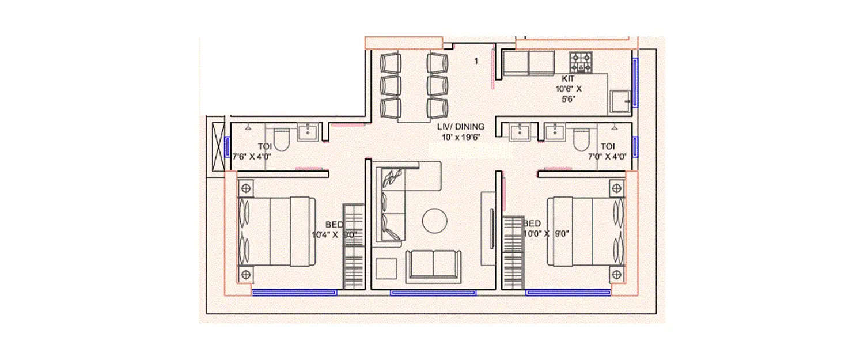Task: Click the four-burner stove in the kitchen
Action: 581,62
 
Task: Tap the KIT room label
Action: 569,79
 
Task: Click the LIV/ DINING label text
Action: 460,127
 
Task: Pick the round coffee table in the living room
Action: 435,221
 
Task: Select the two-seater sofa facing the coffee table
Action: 433,266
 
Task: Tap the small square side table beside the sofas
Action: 385,269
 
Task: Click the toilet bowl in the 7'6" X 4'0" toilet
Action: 281,139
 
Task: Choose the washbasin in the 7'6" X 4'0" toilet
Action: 308,132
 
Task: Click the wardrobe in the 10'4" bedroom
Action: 353,246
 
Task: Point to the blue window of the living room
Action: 433,293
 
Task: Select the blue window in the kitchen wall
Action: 635,82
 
